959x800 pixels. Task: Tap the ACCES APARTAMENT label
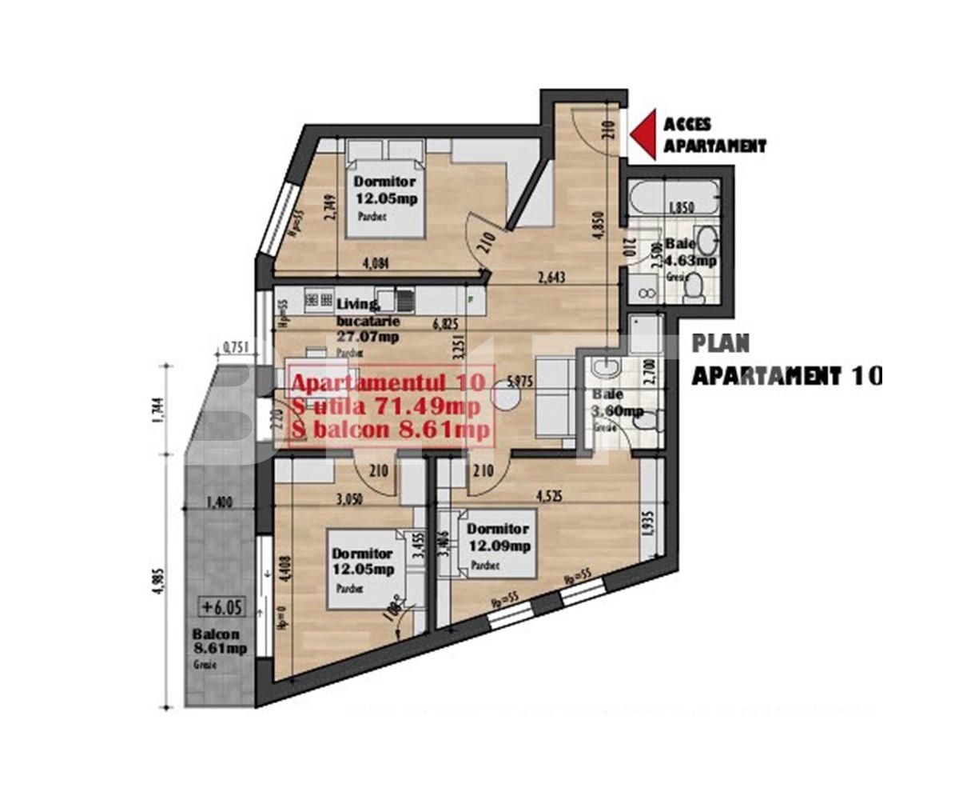click(x=714, y=135)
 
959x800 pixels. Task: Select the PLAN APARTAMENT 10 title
click(x=786, y=359)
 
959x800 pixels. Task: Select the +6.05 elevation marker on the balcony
click(x=218, y=606)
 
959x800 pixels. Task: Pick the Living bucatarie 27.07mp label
click(x=368, y=320)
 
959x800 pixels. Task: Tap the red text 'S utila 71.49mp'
click(x=386, y=407)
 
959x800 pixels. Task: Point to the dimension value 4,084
click(x=376, y=265)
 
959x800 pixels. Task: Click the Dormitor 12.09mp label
click(x=499, y=538)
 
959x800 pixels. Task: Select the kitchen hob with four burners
click(x=320, y=300)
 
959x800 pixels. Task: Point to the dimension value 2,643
click(x=552, y=278)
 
